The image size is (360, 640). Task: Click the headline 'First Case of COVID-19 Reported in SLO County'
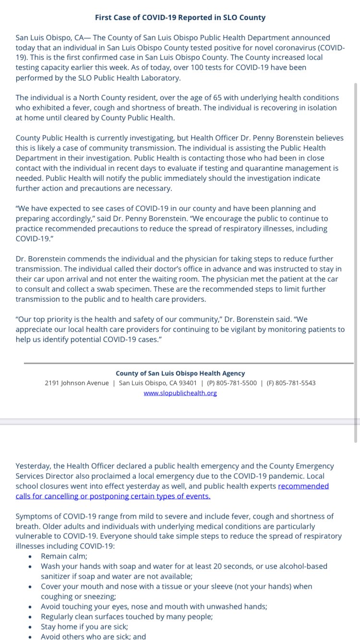tap(180, 18)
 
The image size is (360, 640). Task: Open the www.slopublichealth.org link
tap(180, 393)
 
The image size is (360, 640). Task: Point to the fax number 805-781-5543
tap(295, 383)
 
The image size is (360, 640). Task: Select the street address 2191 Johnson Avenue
tap(77, 383)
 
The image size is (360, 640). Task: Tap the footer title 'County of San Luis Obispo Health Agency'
tap(180, 373)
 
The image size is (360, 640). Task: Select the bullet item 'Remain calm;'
tap(64, 556)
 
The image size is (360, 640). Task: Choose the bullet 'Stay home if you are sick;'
tap(84, 627)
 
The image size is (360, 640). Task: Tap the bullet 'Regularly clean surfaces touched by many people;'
tap(127, 616)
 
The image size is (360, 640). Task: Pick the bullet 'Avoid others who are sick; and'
tap(93, 636)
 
